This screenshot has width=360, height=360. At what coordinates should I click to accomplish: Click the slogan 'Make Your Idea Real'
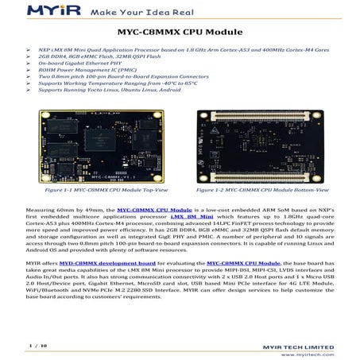(125, 11)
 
